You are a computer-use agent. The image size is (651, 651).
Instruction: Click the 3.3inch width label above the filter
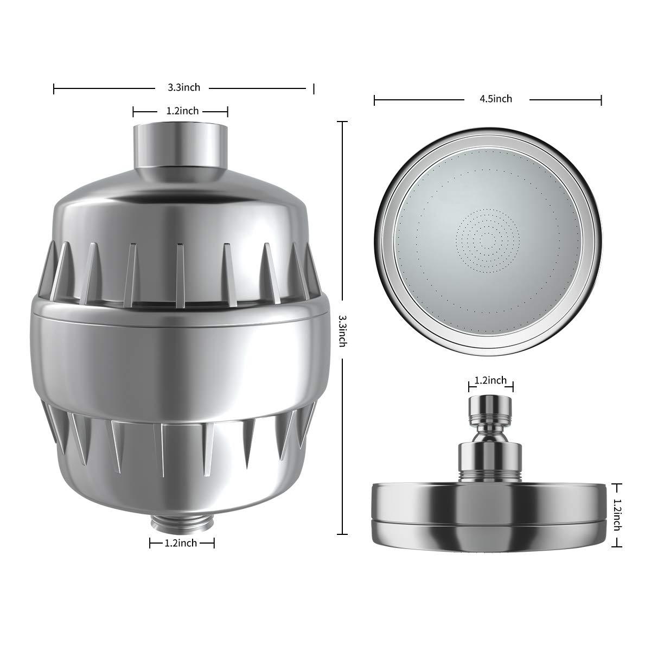(183, 87)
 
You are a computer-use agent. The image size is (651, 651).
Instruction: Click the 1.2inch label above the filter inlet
(182, 111)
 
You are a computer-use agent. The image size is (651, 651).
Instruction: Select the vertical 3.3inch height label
(342, 330)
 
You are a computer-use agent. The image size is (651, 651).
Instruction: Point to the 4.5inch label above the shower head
(496, 99)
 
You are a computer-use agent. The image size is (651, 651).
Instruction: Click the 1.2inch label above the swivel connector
(490, 381)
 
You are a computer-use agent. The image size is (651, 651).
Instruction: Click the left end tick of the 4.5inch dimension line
(375, 99)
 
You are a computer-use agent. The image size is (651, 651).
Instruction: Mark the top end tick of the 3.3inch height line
(342, 123)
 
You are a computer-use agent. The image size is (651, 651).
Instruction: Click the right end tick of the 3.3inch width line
(314, 88)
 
